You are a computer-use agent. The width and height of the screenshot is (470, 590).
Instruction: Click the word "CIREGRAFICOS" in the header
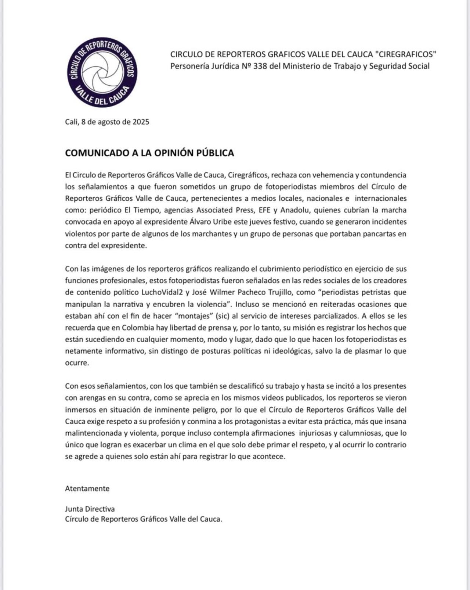coord(406,54)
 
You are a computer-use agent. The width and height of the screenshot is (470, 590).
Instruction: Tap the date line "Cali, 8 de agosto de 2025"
coord(107,122)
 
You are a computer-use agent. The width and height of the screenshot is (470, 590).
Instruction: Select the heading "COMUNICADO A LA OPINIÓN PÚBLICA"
coord(149,153)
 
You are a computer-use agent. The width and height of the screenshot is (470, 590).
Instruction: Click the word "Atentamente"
coord(87,489)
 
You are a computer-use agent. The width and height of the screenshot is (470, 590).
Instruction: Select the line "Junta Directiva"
coord(90,509)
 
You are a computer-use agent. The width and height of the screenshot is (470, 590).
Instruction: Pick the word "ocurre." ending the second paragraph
coord(77,363)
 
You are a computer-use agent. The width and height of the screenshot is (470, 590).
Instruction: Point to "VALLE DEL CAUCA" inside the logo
coord(103,97)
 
